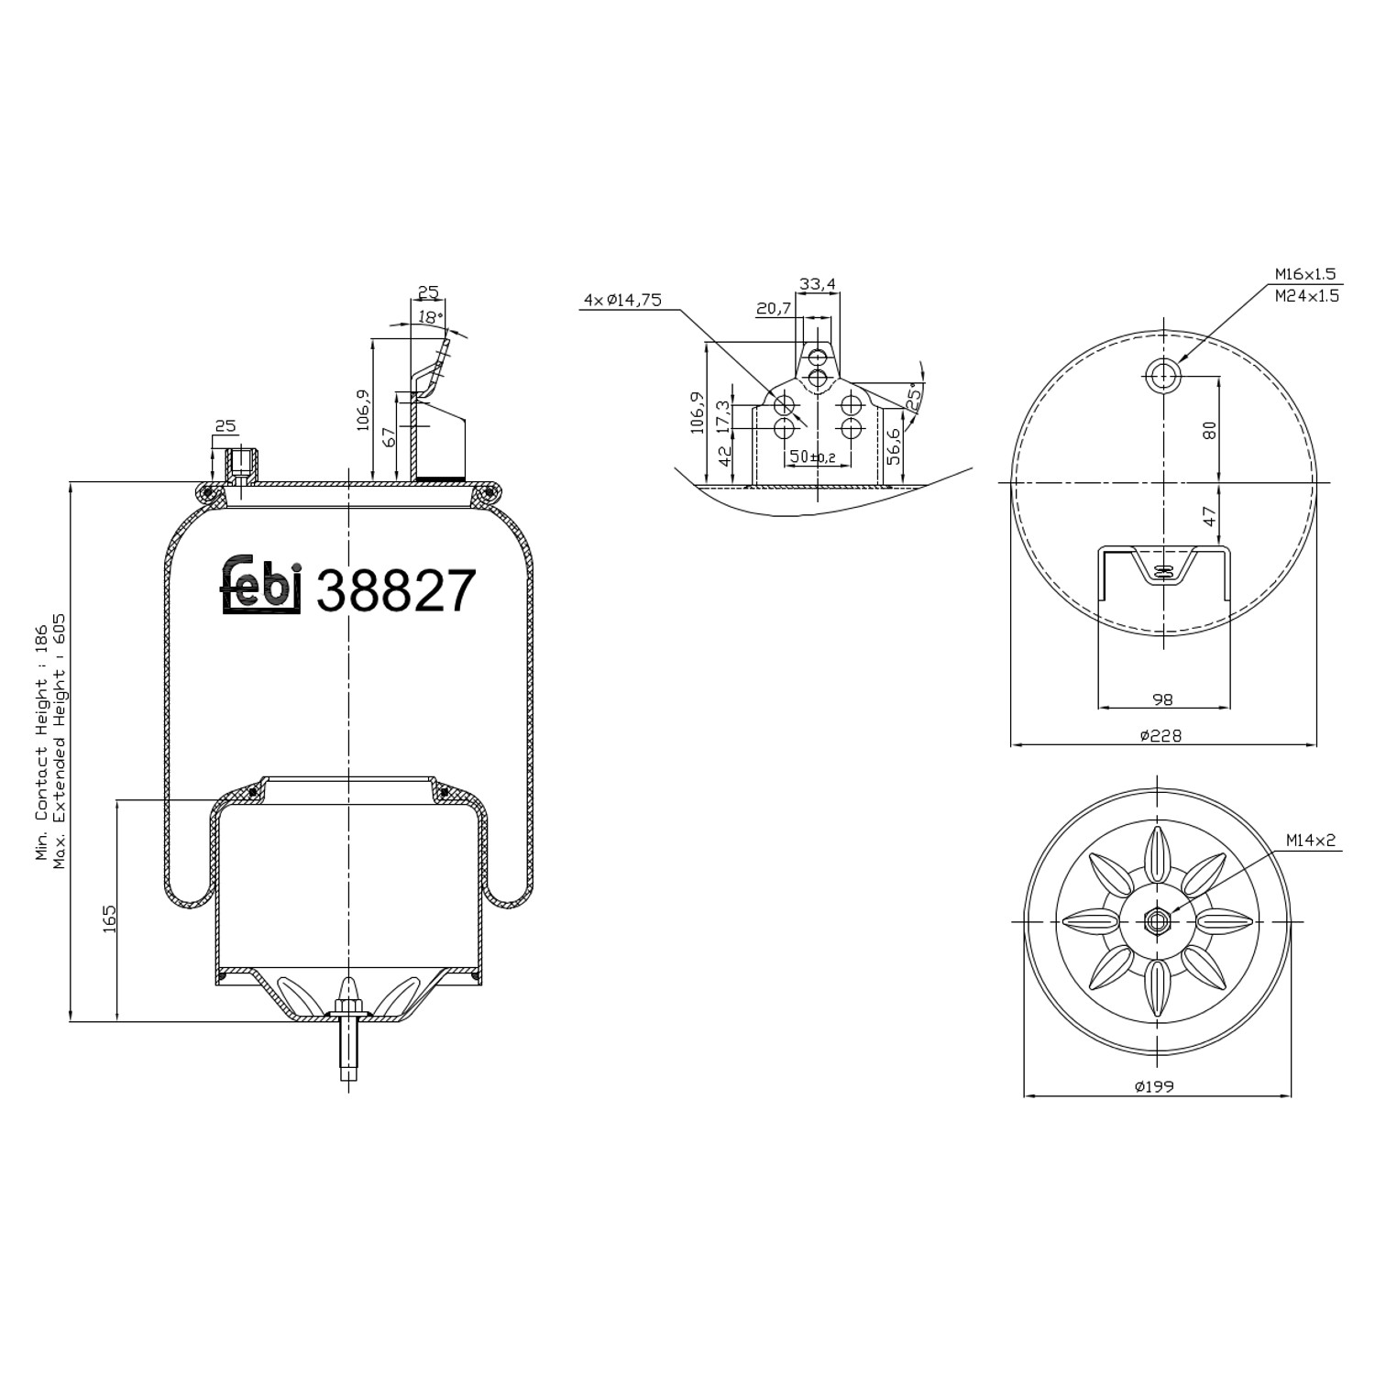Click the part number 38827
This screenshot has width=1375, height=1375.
coord(396,590)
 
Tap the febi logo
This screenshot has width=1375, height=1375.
coord(261,584)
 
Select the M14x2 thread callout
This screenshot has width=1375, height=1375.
coord(1311,840)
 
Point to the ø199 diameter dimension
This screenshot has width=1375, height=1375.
coord(1154,1087)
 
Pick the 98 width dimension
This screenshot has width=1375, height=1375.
coord(1162,699)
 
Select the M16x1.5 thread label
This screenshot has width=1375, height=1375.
coord(1305,274)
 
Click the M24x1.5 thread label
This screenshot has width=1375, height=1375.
coord(1305,295)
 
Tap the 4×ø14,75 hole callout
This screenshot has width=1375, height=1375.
coord(622,300)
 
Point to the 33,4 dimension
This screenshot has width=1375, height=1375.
coord(817,284)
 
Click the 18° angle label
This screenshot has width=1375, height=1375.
coord(429,316)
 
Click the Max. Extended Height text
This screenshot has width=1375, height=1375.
coord(60,742)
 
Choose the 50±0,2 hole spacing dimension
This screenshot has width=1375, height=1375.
coord(811,456)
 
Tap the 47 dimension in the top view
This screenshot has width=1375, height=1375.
coord(1209,516)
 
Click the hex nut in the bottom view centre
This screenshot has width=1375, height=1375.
coord(1157,920)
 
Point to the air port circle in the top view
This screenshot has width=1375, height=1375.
coord(1162,374)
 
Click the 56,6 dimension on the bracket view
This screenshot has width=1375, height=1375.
coord(894,445)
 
